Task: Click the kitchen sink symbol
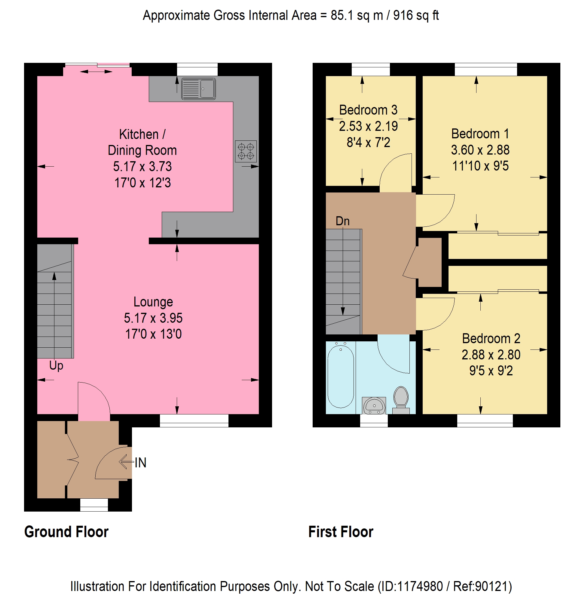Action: pos(198,89)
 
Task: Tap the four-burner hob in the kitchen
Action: pos(246,151)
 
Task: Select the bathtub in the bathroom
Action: pos(341,377)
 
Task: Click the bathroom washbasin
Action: pos(374,405)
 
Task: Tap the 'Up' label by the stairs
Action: pos(56,366)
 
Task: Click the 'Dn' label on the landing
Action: pos(342,221)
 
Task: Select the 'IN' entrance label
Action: pos(140,463)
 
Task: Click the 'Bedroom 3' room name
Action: pos(368,110)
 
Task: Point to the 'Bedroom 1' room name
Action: pos(480,134)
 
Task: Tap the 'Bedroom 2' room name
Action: pos(491,339)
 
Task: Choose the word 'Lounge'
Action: pos(153,302)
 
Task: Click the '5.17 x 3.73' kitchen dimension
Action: pos(142,167)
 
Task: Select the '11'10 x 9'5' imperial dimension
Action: pos(480,166)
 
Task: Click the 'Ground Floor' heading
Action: pos(66,532)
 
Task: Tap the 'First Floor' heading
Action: pos(341,532)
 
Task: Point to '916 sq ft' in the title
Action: pos(416,16)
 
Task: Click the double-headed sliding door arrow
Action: pos(96,72)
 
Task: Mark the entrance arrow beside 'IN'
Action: pos(126,462)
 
